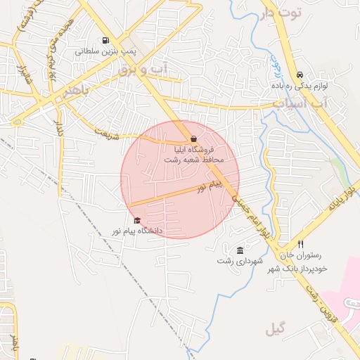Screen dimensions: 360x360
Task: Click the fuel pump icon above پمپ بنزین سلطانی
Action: pos(105,40)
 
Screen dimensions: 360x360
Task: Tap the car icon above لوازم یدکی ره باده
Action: pos(300,75)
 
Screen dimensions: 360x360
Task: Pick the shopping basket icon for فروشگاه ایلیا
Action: pos(194,139)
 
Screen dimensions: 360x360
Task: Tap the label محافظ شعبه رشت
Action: pos(193,160)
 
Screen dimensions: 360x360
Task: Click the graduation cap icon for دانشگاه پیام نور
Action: pos(137,220)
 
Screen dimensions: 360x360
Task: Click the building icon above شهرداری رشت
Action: pos(240,251)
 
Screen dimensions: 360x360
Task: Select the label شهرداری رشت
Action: pos(240,262)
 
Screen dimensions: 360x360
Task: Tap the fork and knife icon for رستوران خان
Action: pos(301,244)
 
